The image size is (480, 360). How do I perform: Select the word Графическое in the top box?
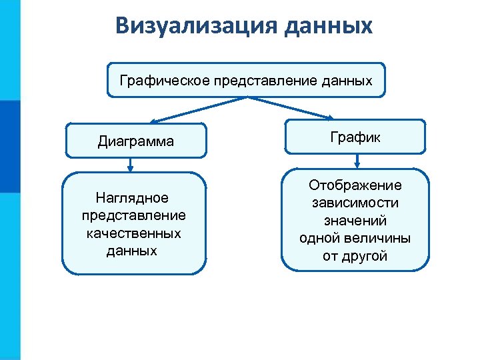164,81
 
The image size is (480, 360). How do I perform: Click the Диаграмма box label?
135,141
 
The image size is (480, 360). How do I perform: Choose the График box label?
355,137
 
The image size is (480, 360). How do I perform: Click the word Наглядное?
132,198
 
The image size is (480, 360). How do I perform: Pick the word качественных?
133,233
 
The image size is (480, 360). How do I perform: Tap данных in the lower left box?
132,251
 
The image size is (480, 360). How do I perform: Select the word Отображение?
355,185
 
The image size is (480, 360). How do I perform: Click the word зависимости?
355,203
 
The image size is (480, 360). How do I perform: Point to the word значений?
355,221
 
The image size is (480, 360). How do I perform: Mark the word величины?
382,238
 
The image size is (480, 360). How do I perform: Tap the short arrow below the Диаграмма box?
131,164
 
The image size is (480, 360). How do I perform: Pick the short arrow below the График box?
358,161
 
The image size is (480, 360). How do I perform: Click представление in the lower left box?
133,215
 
